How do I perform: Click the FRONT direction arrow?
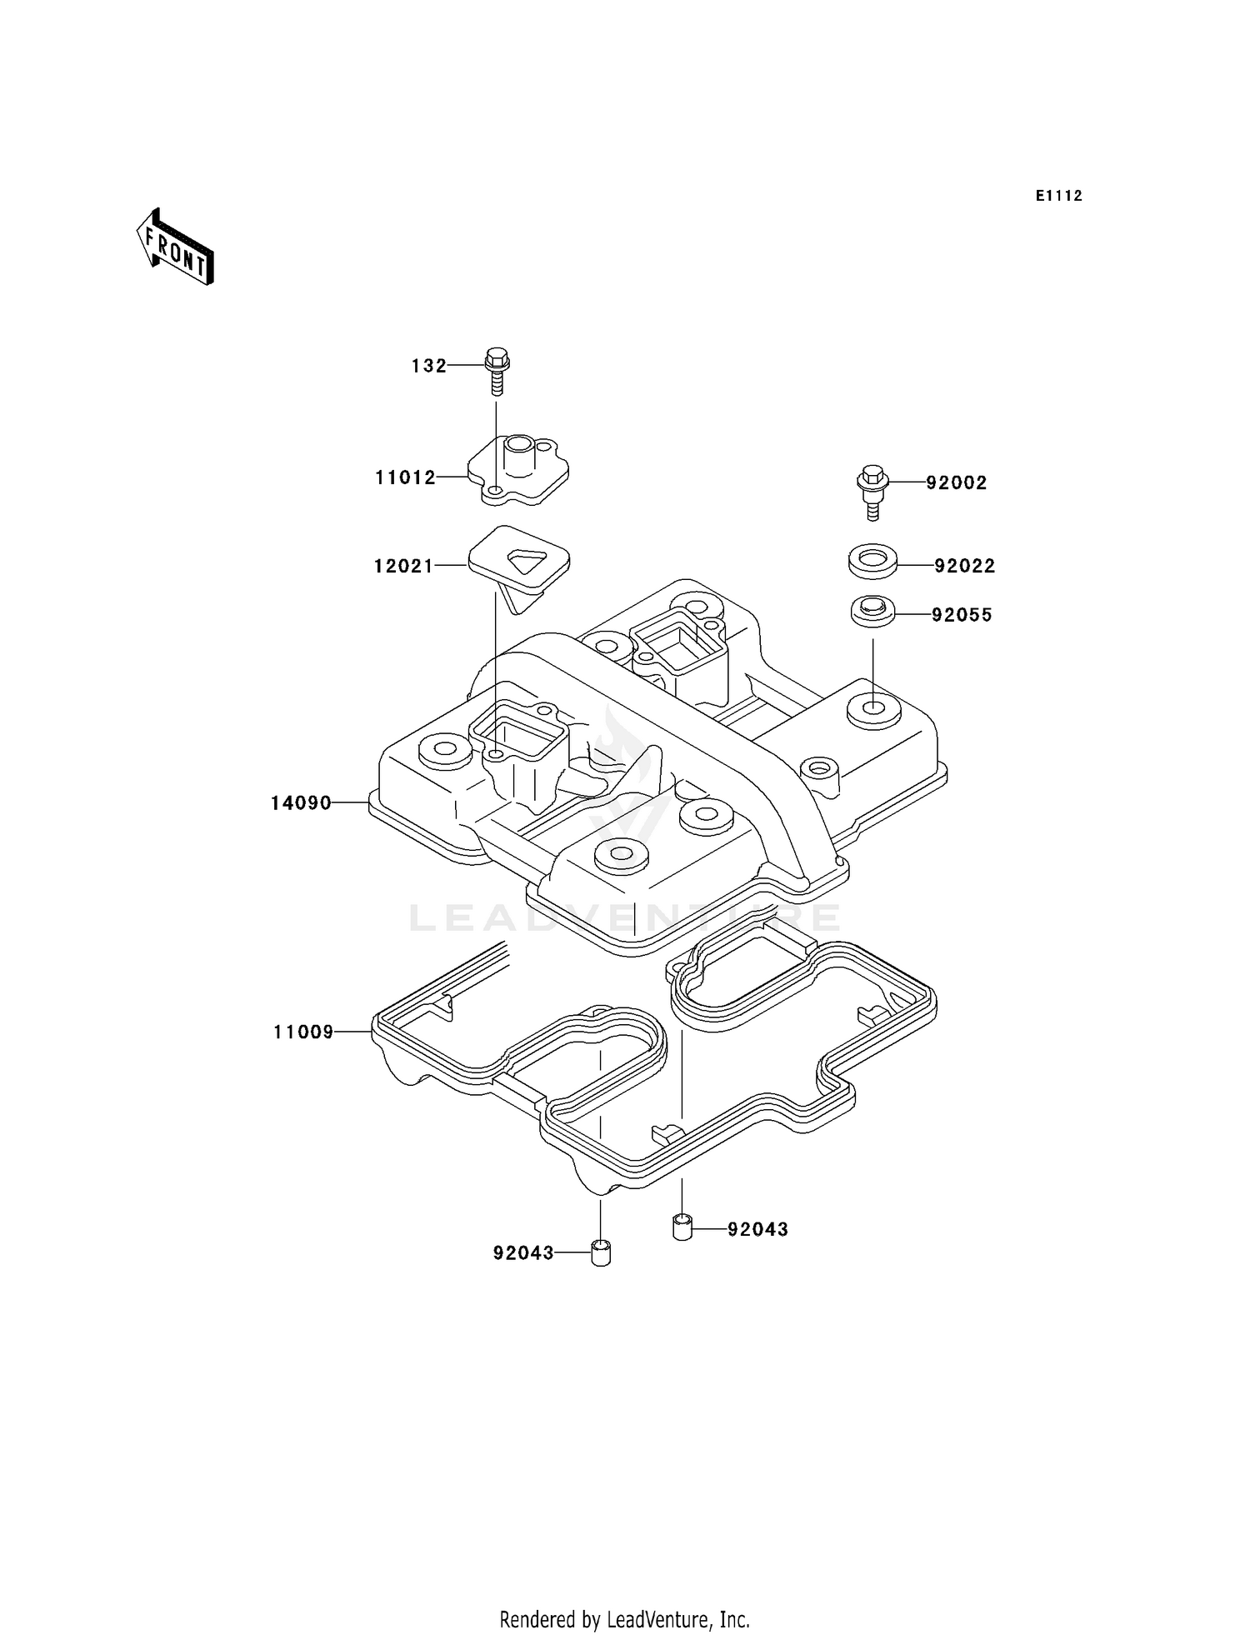pos(176,247)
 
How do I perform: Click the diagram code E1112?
pos(1058,196)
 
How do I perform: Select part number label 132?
pos(428,366)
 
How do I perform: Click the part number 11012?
pos(405,477)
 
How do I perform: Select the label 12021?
pos(403,567)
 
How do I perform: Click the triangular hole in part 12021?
pos(527,560)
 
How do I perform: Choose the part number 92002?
pos(956,483)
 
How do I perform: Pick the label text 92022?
pos(964,567)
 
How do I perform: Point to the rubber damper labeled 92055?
pos(872,610)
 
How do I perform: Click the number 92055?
pos(962,616)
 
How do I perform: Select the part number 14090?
pos(301,803)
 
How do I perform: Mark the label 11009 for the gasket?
pos(303,1033)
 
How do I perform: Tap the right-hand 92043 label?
pos(757,1230)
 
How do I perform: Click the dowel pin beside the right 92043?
pos(682,1227)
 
